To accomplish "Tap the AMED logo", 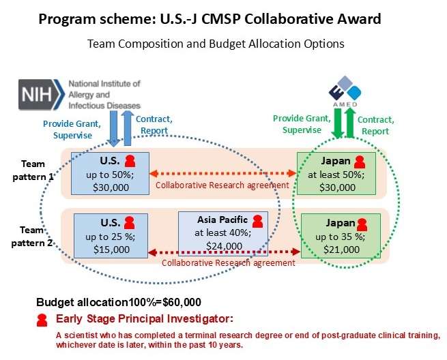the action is click(345, 91).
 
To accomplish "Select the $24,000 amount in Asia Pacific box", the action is click(224, 245).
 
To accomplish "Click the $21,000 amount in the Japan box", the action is click(341, 250).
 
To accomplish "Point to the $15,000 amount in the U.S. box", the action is click(111, 250).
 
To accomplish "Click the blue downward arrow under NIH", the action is click(113, 129).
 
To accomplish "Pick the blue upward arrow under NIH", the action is click(128, 128).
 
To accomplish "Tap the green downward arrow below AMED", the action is click(338, 123).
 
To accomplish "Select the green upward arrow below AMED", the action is click(350, 123).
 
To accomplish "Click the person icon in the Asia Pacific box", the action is click(258, 222).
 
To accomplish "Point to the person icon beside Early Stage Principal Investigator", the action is click(42, 320).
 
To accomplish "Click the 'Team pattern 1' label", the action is click(33, 170).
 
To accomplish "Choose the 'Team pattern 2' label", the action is click(31, 237).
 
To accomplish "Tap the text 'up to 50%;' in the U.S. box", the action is click(110, 175).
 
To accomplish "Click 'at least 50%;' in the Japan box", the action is click(336, 175).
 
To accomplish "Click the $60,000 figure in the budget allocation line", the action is click(182, 302).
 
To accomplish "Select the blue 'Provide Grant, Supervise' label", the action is click(72, 130).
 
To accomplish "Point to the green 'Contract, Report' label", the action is click(376, 125).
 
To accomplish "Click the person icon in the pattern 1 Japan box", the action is click(360, 162).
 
